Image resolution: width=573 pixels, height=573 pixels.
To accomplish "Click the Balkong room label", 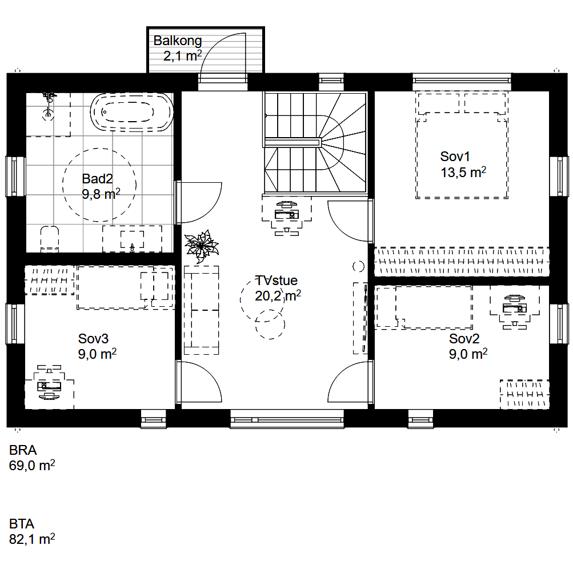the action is tap(178, 41).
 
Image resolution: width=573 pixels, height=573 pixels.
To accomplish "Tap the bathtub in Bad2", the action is tap(132, 112).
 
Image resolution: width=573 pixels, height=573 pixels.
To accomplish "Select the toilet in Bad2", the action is tap(49, 239).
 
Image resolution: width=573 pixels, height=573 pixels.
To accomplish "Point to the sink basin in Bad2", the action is tap(132, 239).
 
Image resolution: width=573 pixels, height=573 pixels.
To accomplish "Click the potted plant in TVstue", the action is tap(201, 246).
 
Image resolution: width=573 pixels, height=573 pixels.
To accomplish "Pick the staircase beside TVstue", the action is tap(315, 142).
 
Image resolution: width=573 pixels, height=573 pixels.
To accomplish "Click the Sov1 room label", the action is tap(455, 157).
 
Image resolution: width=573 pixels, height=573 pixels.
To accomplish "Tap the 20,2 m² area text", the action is tap(278, 295).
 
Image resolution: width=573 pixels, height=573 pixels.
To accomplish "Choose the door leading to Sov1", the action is tap(350, 221).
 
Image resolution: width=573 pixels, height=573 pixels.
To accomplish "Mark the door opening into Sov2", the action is tap(350, 382).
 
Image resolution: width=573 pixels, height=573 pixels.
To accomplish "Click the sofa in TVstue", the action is tap(201, 310).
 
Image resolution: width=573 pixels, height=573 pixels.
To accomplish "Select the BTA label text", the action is tap(22, 524).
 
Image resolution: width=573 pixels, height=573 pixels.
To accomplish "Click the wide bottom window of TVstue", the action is tap(287, 419).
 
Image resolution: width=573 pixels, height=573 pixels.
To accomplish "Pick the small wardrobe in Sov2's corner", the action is tap(524, 394).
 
